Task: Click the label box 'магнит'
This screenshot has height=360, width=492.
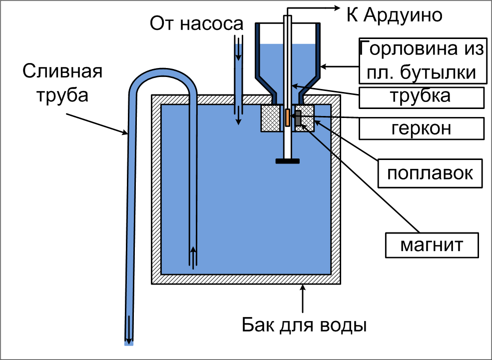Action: coord(432,245)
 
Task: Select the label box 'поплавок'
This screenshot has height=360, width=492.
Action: coord(430,173)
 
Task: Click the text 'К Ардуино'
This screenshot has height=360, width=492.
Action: coord(395,15)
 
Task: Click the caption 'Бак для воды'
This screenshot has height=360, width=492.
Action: coord(304,325)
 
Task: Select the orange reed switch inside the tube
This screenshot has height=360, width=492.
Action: coord(287,118)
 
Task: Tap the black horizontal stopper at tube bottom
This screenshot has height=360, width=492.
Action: coord(287,161)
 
